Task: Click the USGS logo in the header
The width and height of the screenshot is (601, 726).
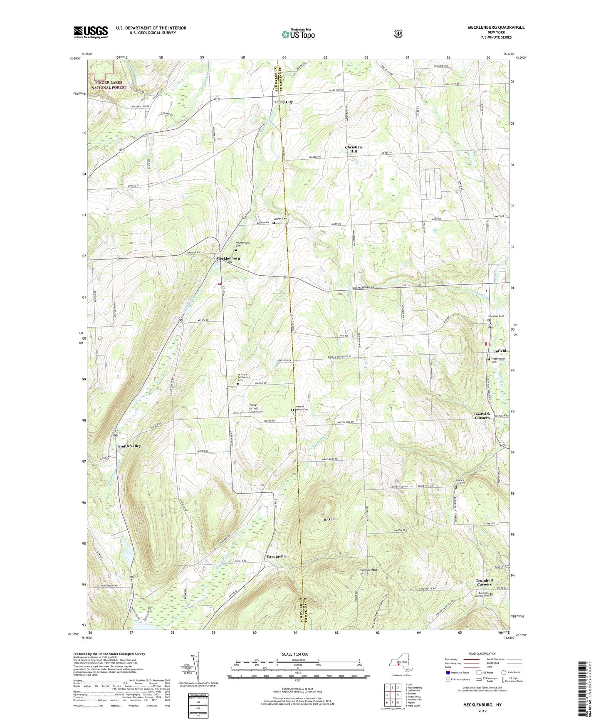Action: (91, 32)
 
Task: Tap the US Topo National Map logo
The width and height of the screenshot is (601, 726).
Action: (298, 34)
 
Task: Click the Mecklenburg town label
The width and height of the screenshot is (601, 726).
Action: (228, 258)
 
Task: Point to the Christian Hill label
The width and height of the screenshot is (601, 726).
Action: (354, 149)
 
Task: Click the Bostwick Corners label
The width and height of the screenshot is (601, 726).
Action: (482, 416)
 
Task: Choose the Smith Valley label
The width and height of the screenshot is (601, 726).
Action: (129, 446)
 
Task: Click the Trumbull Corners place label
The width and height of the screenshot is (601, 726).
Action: (484, 582)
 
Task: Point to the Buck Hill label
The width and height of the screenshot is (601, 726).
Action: (330, 519)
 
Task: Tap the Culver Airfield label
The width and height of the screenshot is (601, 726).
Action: (253, 407)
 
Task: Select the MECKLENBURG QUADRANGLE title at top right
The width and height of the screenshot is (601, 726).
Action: (490, 27)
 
